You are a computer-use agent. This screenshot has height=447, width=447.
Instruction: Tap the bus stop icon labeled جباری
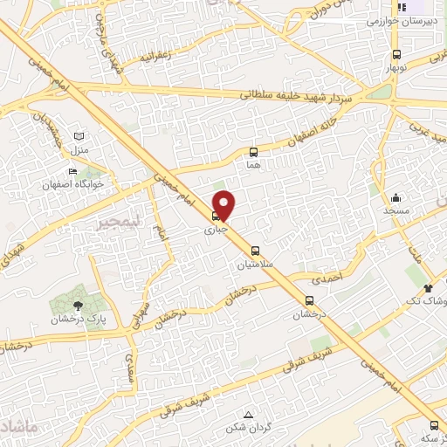pos(216,217)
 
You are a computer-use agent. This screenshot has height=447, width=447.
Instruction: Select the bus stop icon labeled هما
pos(254,152)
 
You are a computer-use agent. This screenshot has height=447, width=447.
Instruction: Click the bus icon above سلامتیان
pos(255,250)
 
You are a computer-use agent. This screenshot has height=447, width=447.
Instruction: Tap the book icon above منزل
pos(80,138)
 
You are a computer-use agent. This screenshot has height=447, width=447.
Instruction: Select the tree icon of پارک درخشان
pos(79,305)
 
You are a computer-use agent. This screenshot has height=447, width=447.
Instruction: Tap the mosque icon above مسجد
pos(395,197)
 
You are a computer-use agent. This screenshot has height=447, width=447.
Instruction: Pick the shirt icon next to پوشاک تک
pos(427,287)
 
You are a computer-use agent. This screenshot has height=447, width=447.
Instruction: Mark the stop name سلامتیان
pos(254,263)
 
